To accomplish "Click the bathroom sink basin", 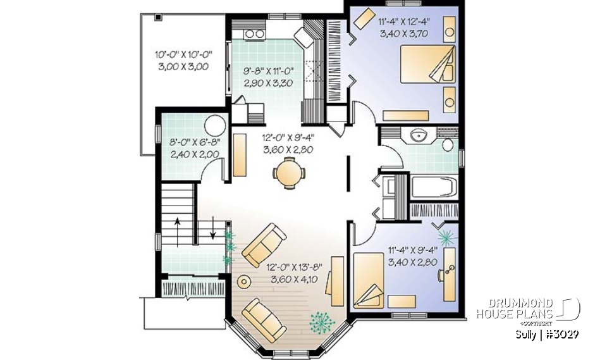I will (x=417, y=135).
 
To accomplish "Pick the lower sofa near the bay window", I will (x=264, y=318).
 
